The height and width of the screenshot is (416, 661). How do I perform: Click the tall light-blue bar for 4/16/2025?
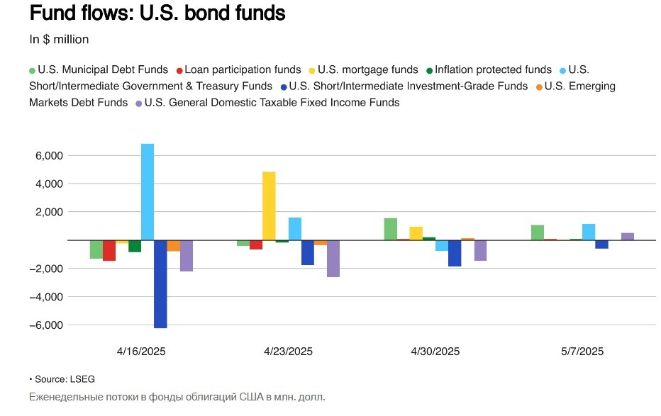point(148,191)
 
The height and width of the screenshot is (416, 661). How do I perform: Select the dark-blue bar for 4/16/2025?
point(160,283)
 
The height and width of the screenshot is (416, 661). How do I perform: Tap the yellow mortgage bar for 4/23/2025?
point(269,206)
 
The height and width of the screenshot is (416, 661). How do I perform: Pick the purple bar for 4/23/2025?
point(333,258)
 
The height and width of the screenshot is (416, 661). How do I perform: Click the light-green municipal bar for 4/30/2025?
point(390,229)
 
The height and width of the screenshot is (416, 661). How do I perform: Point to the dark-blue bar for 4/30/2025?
point(455,253)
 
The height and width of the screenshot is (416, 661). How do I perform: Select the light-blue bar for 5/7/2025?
point(589,232)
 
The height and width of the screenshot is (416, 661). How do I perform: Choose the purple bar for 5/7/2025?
point(628,237)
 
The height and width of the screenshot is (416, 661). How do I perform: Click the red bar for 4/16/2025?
point(109,250)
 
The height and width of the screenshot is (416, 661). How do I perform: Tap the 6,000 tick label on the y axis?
point(50,156)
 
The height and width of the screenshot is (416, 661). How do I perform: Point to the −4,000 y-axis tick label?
point(47,297)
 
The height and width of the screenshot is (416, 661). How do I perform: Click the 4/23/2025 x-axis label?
point(288,352)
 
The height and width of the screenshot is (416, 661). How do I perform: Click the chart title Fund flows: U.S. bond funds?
point(157,13)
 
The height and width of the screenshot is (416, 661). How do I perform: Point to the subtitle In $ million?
point(59,40)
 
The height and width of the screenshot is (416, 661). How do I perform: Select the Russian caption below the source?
point(177,397)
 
